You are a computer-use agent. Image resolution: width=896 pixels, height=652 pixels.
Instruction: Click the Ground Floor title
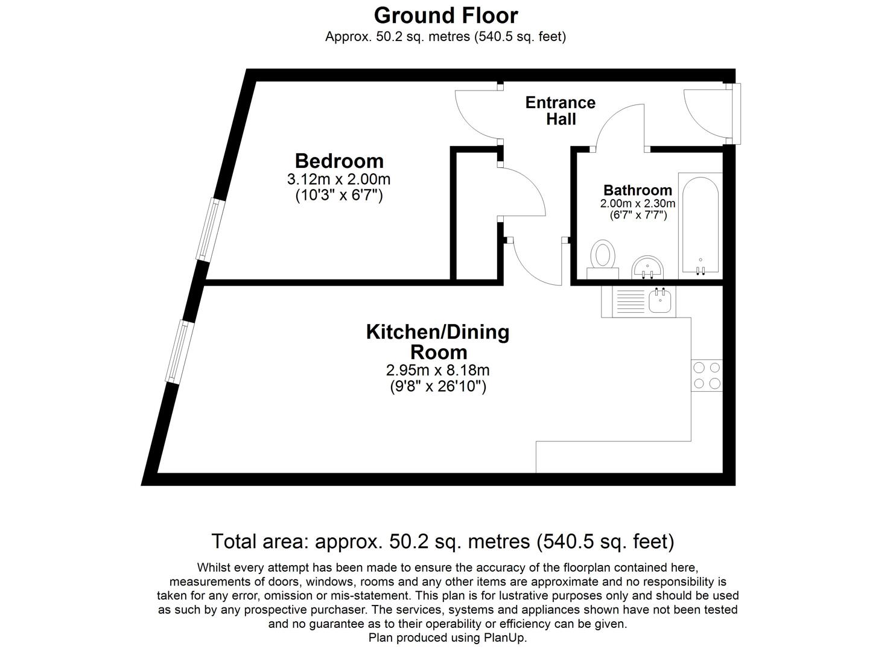(x=445, y=15)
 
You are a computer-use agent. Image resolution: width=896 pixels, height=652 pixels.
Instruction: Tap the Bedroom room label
(x=339, y=161)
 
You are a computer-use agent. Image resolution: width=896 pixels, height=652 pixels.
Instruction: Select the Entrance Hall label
(x=560, y=110)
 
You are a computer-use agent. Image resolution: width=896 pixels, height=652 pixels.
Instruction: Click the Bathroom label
(x=637, y=190)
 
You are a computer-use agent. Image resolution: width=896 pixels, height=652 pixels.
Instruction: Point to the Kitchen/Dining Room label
(x=438, y=342)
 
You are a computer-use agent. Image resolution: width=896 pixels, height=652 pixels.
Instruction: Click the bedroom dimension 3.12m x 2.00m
(x=339, y=179)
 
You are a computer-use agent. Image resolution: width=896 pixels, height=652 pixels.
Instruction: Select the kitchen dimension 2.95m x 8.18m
(x=438, y=370)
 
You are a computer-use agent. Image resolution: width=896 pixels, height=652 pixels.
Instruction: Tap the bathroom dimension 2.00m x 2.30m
(x=637, y=204)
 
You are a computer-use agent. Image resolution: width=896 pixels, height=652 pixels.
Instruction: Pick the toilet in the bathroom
(x=602, y=258)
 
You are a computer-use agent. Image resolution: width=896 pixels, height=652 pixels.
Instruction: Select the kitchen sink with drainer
(x=644, y=301)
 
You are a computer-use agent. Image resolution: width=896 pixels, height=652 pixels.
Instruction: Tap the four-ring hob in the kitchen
(x=707, y=375)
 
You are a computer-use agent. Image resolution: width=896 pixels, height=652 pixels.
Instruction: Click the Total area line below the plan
(x=442, y=542)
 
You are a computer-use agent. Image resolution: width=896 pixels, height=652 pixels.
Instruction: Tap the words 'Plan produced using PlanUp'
(x=447, y=638)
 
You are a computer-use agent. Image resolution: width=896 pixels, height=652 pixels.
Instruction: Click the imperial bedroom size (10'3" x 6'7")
(x=339, y=196)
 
